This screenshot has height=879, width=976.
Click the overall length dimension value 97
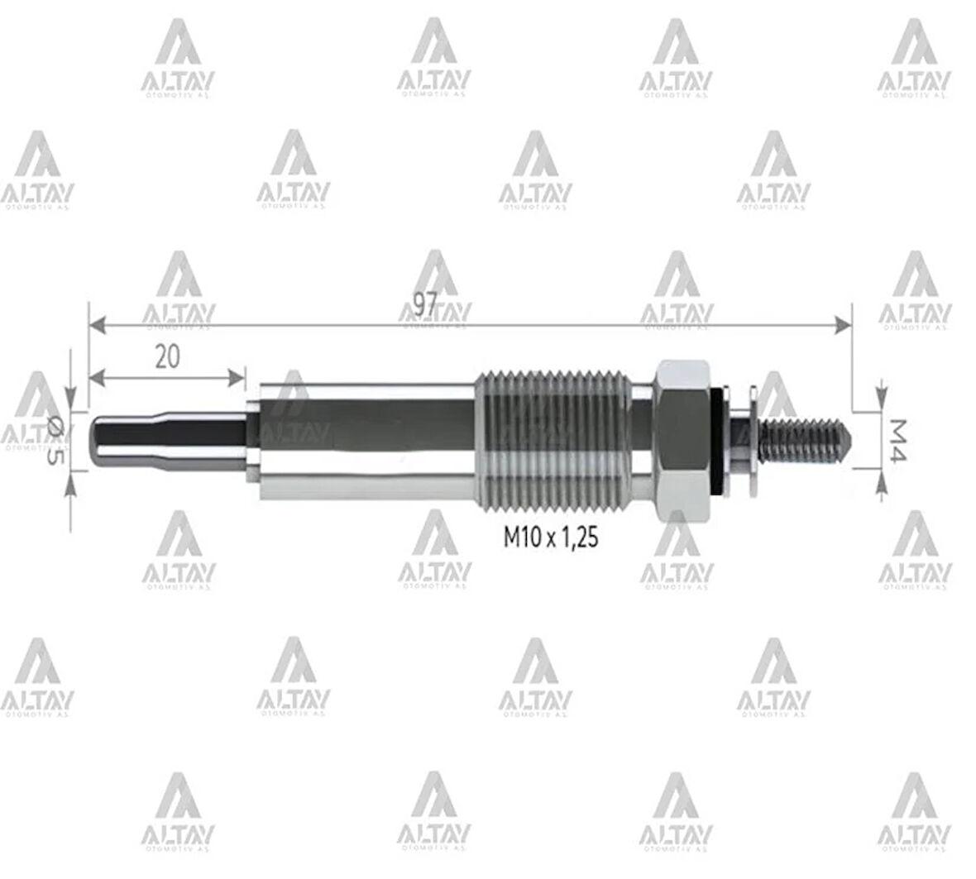click(424, 304)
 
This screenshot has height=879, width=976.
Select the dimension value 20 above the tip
click(167, 356)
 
